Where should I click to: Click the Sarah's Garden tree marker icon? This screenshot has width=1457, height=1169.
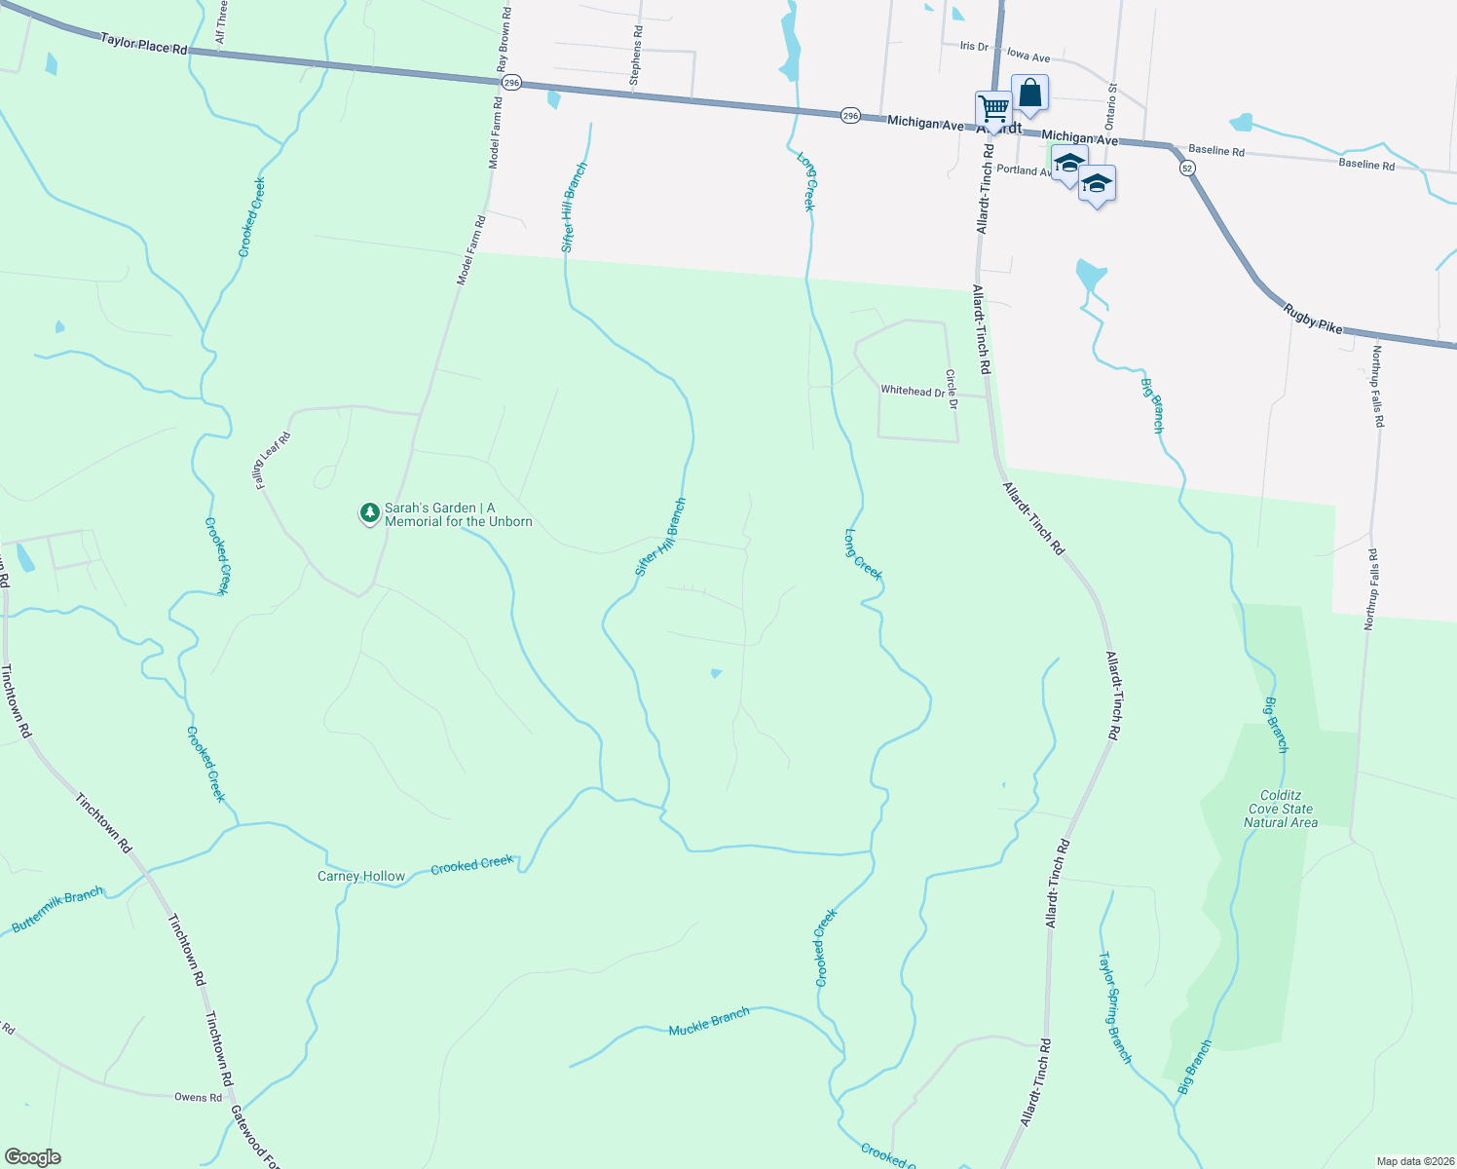369,512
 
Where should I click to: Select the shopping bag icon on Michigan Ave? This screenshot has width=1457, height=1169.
1029,94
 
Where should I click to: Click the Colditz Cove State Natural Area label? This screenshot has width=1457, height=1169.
1280,809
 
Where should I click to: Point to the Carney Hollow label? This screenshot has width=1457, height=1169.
361,876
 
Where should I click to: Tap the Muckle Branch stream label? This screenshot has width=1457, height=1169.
709,1021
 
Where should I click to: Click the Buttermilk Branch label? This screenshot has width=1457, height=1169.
57,910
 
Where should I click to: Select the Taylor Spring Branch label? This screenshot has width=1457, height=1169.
1115,1007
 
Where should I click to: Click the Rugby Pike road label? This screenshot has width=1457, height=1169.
1313,319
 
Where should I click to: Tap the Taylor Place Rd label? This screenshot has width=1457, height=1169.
143,44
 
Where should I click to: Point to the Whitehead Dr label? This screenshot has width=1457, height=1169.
912,391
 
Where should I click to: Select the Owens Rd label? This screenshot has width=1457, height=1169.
199,1097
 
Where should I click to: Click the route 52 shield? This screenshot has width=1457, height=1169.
1186,168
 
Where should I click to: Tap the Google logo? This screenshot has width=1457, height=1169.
32,1156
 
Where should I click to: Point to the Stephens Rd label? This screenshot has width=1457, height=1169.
636,56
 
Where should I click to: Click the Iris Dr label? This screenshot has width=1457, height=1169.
974,46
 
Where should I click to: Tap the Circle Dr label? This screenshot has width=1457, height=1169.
952,389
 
